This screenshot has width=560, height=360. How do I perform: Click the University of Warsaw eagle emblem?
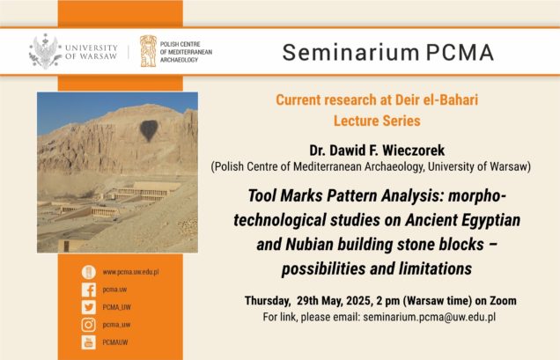click(x=45, y=51)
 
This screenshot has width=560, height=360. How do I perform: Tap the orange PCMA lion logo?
click(x=148, y=51)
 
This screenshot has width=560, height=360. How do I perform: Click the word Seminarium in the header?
click(x=350, y=53)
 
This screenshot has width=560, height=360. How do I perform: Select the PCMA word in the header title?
click(x=460, y=53)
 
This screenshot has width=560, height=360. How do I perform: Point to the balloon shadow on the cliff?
click(x=149, y=130)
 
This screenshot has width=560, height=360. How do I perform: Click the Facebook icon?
click(x=89, y=290)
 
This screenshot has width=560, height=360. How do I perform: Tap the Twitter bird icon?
click(x=89, y=307)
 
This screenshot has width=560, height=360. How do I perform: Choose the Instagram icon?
click(x=89, y=325)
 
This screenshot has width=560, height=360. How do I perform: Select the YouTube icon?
click(x=89, y=342)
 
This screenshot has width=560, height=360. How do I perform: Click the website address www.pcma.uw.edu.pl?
click(x=130, y=272)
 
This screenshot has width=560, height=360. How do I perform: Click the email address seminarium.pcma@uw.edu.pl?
click(x=430, y=317)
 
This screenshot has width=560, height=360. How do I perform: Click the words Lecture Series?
click(x=377, y=121)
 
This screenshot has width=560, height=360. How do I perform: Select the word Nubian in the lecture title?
click(x=309, y=245)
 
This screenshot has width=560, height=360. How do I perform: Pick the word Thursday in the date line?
click(x=267, y=301)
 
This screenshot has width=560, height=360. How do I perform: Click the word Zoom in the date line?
click(x=503, y=301)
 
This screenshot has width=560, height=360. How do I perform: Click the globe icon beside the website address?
click(x=89, y=272)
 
